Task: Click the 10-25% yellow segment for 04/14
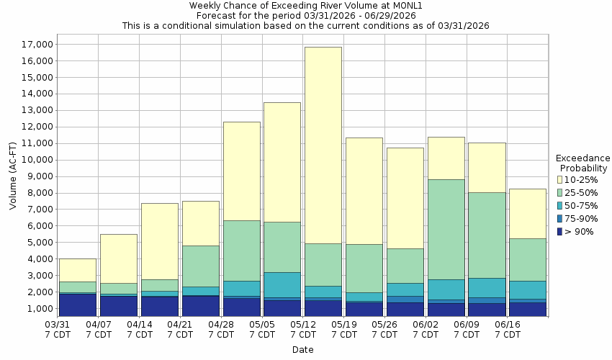point(160,241)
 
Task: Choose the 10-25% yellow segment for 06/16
point(528,213)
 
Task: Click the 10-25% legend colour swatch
point(561,179)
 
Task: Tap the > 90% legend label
point(580,231)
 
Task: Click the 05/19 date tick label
point(344,329)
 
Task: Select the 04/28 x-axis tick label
point(221,329)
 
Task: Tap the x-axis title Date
point(302,350)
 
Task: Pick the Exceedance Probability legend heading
point(583,163)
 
